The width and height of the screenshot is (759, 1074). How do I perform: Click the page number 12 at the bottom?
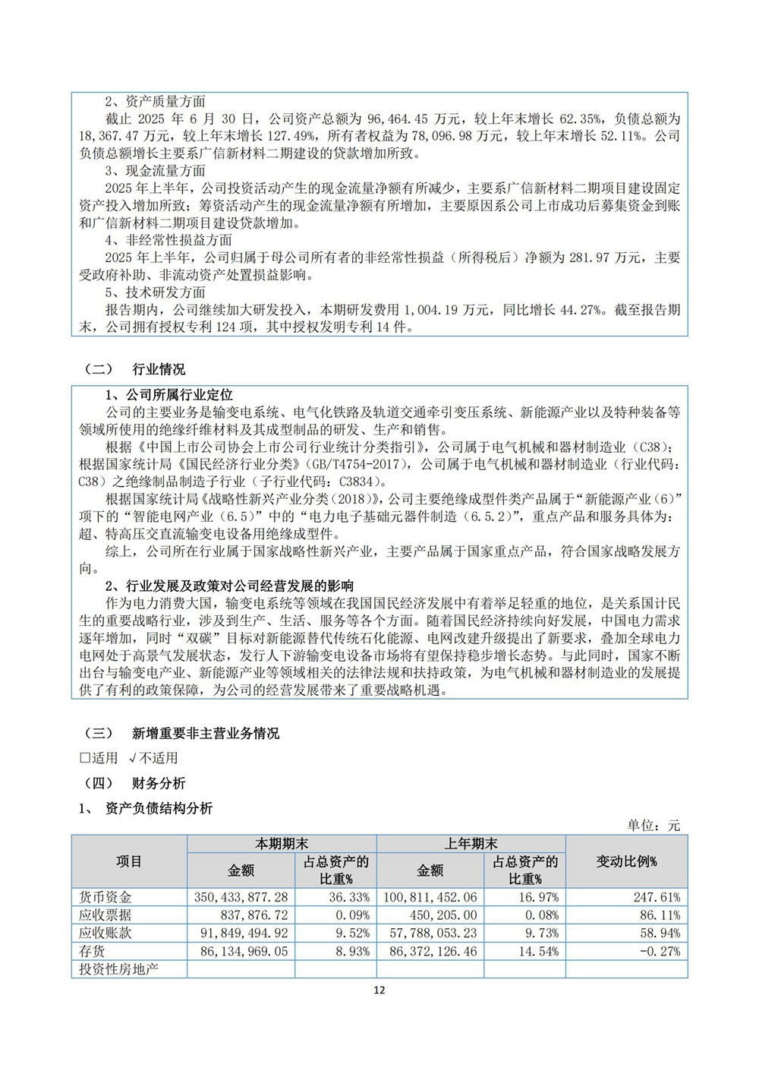point(379,990)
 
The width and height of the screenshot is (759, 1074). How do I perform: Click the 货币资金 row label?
point(106,897)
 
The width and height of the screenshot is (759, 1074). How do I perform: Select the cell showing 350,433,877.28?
point(241,897)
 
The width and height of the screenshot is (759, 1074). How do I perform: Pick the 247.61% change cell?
point(657,897)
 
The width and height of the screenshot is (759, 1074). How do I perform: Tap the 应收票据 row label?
point(106,915)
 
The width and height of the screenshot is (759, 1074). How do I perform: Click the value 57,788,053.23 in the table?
point(430,933)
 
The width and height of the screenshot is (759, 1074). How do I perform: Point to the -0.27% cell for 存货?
point(660,952)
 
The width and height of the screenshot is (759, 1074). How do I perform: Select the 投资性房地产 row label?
point(118,969)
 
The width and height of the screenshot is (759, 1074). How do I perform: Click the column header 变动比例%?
point(626,861)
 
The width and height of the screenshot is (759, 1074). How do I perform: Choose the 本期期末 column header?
point(281,844)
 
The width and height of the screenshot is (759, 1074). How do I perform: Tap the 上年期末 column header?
point(471,844)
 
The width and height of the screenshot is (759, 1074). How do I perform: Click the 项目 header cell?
point(129,861)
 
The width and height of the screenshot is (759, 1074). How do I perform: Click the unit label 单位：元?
point(653,826)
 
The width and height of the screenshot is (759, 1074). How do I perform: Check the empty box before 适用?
point(84,758)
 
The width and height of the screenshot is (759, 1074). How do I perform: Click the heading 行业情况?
point(159,369)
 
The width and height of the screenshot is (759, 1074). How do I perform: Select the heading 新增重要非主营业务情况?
point(205,733)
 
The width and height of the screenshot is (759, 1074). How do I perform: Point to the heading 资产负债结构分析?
point(159,808)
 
